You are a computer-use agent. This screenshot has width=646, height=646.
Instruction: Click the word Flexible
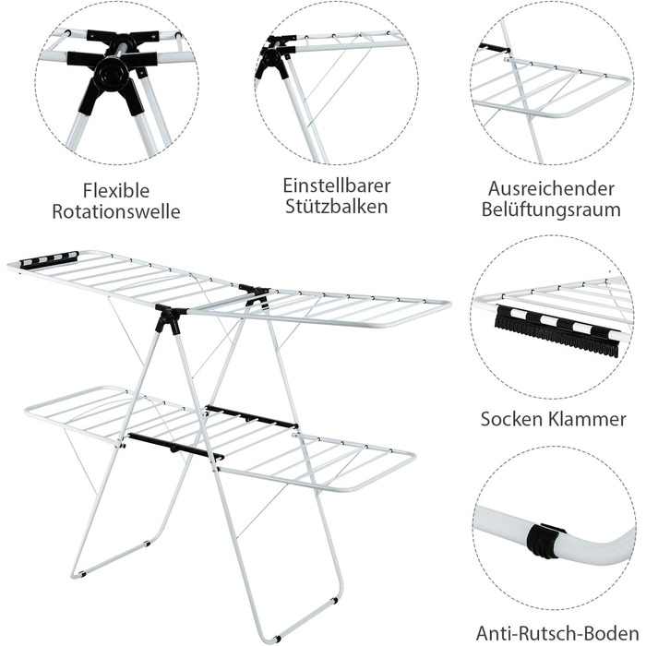116,190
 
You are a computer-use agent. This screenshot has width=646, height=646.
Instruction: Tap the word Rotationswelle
116,211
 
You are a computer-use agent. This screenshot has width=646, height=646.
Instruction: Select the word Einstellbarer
337,185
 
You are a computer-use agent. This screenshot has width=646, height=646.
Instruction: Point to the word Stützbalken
337,206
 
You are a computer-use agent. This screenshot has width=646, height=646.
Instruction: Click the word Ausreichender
551,188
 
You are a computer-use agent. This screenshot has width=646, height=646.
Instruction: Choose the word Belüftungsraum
551,209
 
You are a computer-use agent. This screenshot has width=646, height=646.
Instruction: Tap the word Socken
512,419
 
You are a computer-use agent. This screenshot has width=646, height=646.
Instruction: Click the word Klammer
588,419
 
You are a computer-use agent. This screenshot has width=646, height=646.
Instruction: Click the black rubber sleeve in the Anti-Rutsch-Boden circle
544,540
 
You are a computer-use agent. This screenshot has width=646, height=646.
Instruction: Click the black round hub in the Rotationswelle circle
108,75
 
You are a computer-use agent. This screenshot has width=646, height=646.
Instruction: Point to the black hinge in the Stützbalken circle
274,58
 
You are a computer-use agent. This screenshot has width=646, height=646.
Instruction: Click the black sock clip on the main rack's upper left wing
50,259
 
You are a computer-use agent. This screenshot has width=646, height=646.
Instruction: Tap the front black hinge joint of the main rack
170,317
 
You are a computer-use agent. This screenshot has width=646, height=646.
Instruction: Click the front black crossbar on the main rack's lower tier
175,446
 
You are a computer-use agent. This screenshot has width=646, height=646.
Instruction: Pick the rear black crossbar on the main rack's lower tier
252,417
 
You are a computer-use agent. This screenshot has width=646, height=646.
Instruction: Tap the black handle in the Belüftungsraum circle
495,49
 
